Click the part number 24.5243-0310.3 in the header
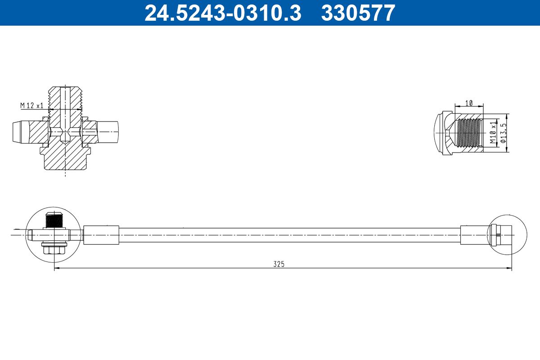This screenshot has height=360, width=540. point(223,13)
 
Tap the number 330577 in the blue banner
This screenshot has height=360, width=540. point(358,13)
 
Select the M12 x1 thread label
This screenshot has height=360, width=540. point(32,105)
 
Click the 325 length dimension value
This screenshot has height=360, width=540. point(279,264)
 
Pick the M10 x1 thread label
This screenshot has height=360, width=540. point(493,132)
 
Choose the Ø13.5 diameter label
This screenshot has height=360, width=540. point(504,133)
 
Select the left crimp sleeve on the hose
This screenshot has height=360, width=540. point(101,235)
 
